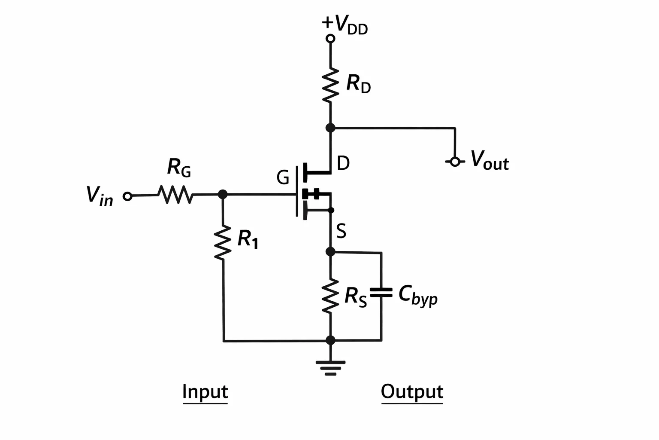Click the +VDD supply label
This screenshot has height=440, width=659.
coord(345,25)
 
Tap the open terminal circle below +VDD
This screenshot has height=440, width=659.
coord(330,39)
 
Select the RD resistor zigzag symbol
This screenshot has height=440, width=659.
coord(330,85)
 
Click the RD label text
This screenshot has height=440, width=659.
coord(359,84)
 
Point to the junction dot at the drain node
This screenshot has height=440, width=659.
coord(330,128)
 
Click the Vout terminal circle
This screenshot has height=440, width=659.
coord(455,162)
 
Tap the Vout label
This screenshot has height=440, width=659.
coord(490,160)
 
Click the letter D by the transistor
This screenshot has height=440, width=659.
coord(343,163)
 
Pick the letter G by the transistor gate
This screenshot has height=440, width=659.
coord(283,178)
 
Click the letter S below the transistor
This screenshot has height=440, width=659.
coord(341,231)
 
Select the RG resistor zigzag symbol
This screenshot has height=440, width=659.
coord(175,195)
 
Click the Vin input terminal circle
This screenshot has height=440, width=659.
coord(127,196)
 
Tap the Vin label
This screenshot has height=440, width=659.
coord(100,196)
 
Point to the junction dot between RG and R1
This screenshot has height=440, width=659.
coord(223,195)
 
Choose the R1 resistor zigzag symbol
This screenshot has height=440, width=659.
coord(223,243)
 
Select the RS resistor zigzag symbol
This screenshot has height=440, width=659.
coord(330,296)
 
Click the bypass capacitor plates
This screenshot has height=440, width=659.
coord(381,293)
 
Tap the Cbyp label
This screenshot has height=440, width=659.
coord(418,296)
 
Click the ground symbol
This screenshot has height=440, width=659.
coord(331,368)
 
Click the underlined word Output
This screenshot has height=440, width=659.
coord(412,392)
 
